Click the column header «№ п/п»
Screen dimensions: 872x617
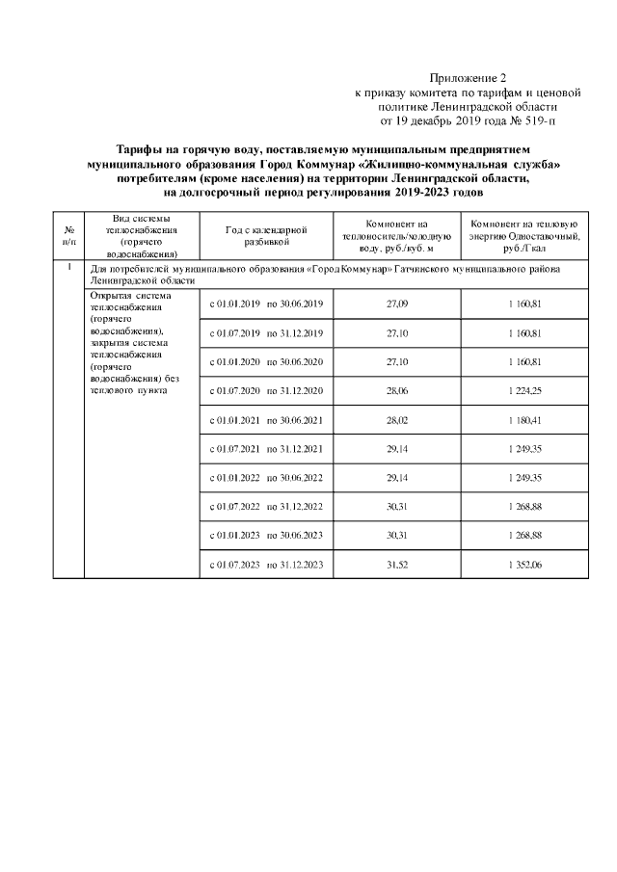[x=69, y=236]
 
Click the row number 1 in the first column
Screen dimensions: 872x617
[x=69, y=268]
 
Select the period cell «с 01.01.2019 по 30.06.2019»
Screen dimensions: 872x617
[x=266, y=304]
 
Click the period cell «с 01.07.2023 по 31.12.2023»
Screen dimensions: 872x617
[x=266, y=565]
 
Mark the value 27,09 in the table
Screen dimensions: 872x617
[x=396, y=304]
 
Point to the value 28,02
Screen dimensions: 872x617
[x=396, y=420]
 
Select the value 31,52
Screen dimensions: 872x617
[x=396, y=565]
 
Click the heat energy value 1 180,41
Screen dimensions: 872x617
[x=524, y=420]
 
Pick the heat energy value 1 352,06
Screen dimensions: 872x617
[x=524, y=565]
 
